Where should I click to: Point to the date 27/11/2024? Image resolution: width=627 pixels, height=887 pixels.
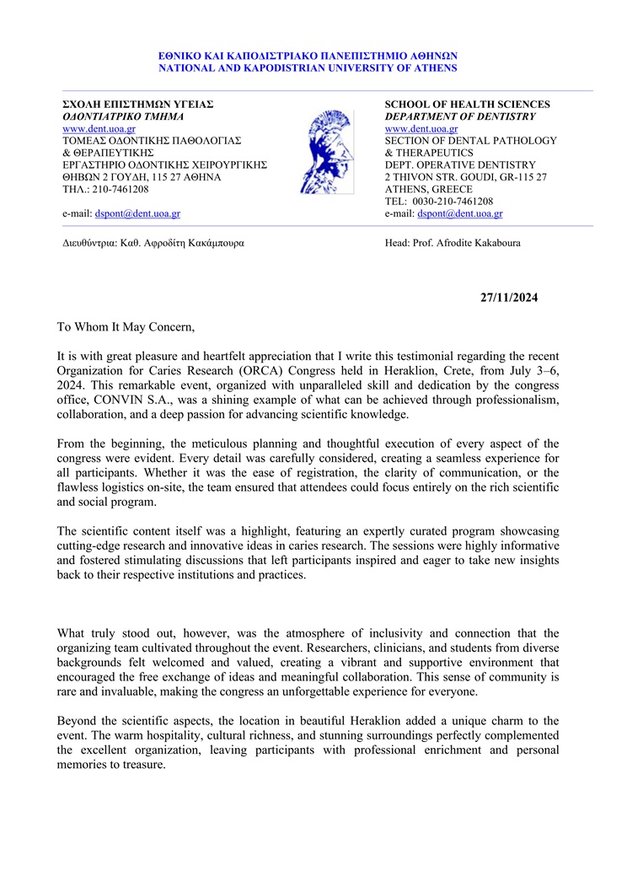(509, 297)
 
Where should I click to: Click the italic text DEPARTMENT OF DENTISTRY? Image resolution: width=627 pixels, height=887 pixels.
(460, 116)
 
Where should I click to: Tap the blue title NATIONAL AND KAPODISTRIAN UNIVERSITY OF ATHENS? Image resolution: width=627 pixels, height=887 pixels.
(308, 67)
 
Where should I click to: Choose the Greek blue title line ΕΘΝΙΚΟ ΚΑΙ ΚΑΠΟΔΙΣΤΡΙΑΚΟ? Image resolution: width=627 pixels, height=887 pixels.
(308, 56)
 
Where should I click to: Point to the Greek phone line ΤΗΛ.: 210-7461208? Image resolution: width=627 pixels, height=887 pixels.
(105, 190)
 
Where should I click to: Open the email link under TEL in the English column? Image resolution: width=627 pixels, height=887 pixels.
(460, 214)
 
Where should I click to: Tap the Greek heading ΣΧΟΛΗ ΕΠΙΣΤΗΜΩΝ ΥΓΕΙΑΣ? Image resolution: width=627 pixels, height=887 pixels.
(138, 105)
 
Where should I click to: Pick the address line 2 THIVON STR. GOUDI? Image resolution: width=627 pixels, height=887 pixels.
(465, 177)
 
